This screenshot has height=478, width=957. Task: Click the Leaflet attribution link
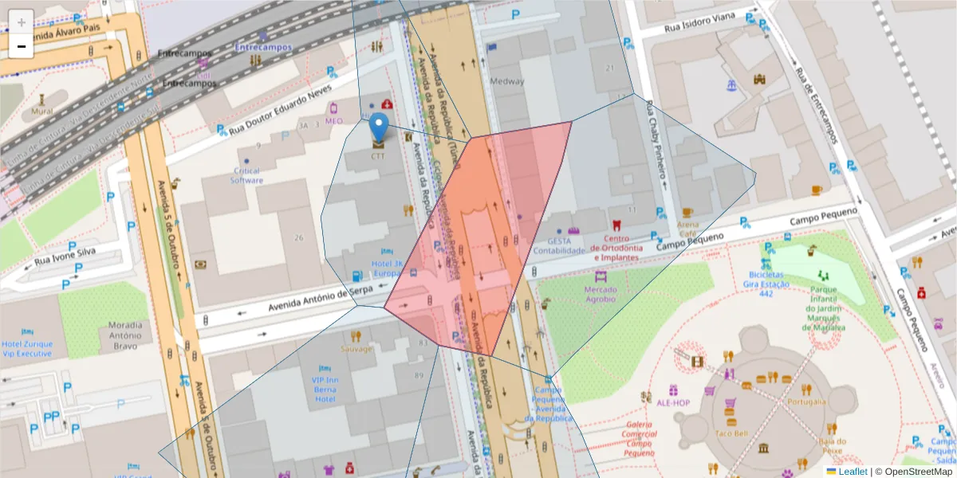click(x=853, y=472)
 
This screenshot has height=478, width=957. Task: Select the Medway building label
click(x=507, y=81)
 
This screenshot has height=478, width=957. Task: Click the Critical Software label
click(x=246, y=176)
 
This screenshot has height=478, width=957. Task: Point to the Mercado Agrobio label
click(x=600, y=294)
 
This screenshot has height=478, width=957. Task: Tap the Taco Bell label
click(x=731, y=433)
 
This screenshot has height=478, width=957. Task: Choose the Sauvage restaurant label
click(x=356, y=349)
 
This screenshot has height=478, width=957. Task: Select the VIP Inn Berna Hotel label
click(x=324, y=389)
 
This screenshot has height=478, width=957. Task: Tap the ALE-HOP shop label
click(x=672, y=403)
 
